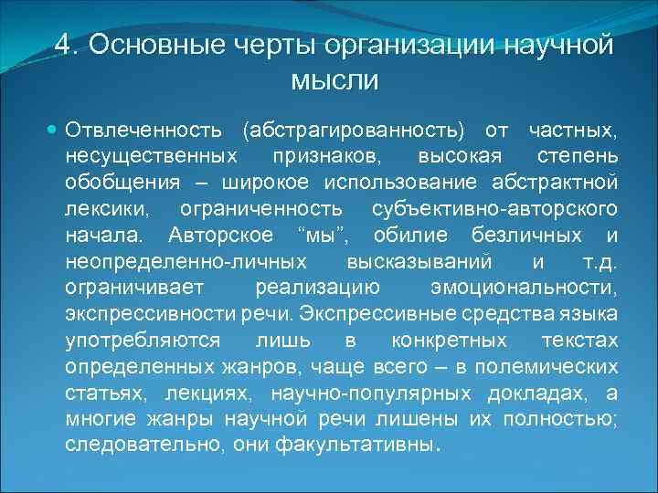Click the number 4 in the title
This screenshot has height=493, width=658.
click(x=63, y=45)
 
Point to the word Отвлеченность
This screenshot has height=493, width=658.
click(x=143, y=126)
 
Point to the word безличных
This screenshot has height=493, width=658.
click(x=536, y=235)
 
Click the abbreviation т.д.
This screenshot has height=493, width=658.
click(x=599, y=262)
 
